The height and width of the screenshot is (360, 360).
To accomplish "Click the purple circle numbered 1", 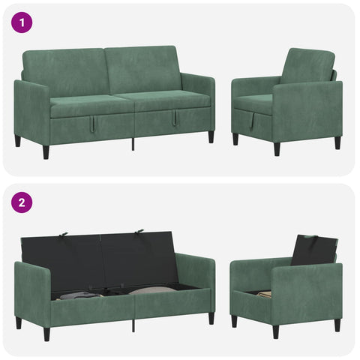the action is point(22,22).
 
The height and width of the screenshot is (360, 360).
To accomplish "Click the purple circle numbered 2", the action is point(22,202).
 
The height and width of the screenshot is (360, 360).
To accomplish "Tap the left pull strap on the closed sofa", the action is point(91,123).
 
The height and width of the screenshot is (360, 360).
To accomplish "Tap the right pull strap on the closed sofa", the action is point(174,118).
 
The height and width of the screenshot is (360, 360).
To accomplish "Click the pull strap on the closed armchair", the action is point(252,121).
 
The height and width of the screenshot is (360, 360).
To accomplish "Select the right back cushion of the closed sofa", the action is point(143,69).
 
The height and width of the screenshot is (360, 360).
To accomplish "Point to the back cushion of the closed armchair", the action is point(307,66).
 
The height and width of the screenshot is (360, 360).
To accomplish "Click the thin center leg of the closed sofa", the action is point(133,144).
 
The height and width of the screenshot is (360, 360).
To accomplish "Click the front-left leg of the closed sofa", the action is point(46,152).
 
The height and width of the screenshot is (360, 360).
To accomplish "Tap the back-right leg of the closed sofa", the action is point(211,137).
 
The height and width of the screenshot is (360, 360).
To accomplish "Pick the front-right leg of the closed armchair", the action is point(277,149).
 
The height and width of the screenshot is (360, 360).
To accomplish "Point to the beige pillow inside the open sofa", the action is point(152,290).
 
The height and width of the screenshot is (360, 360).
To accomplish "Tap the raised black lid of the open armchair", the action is point(313,250).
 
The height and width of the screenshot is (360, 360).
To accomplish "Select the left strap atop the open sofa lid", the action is point(64,235).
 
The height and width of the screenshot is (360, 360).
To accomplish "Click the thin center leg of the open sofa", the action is point(133,325).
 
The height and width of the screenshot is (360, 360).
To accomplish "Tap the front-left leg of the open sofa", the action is point(46,334).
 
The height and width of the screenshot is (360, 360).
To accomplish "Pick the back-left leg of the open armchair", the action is point(234,321).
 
